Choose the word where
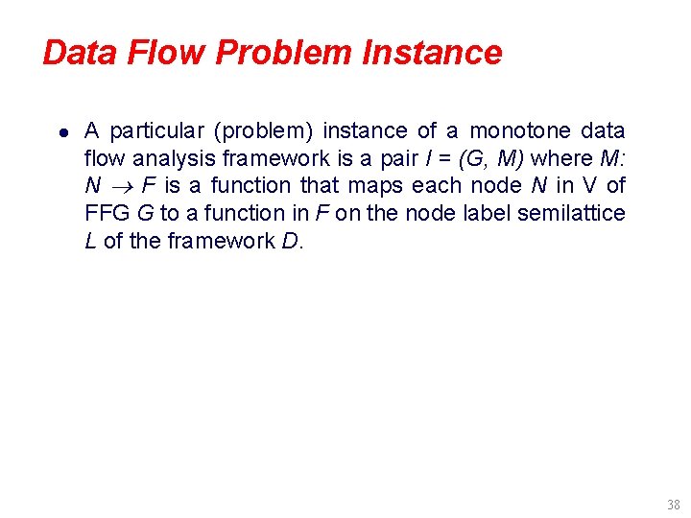[x=560, y=157]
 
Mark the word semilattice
[x=571, y=213]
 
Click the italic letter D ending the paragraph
[x=291, y=241]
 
